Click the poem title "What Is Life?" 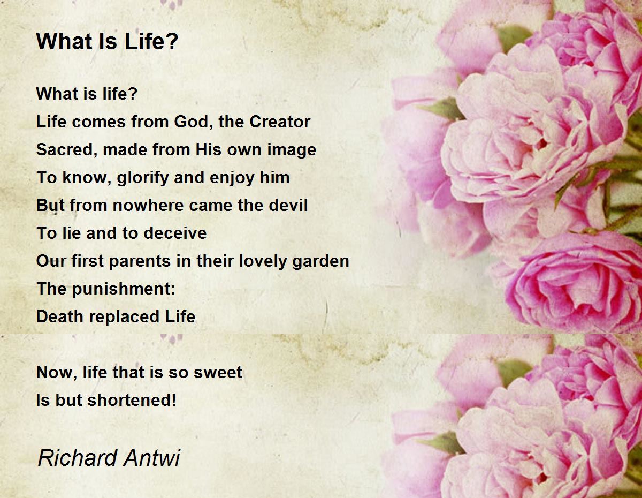107,41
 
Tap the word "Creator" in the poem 280,122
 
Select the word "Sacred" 67,149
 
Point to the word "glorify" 143,178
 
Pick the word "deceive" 175,233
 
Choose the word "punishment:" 124,289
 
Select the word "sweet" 218,372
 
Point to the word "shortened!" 132,400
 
